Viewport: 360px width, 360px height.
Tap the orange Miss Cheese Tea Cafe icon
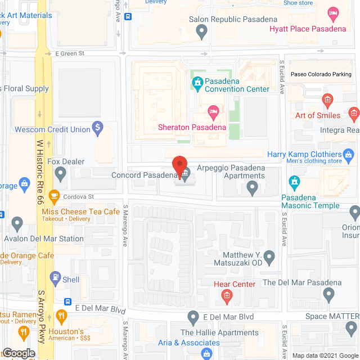(x=55, y=197)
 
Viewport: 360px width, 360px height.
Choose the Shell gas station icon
(x=55, y=277)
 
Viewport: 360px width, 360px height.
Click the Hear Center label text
(x=235, y=284)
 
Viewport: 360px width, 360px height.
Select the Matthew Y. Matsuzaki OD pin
(x=269, y=258)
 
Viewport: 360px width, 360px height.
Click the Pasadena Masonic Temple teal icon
(x=293, y=182)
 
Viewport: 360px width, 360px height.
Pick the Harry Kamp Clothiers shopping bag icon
(x=349, y=154)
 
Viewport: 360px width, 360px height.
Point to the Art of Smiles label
(x=318, y=115)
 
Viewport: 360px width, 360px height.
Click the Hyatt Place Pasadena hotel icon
(x=334, y=13)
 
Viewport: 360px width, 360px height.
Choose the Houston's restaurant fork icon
(x=24, y=332)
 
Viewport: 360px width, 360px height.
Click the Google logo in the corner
(x=18, y=353)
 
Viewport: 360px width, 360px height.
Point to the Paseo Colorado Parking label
(x=321, y=74)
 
